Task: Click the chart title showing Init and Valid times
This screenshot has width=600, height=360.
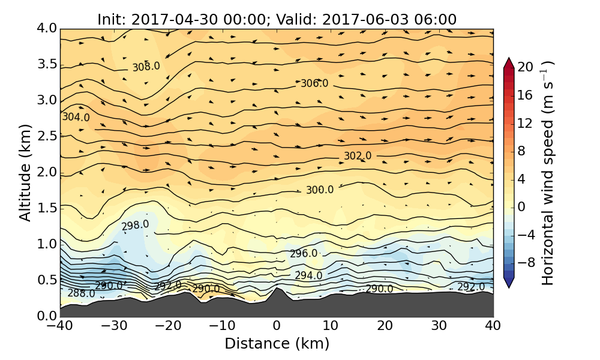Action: (x=277, y=19)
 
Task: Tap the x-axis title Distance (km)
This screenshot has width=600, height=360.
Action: (x=277, y=344)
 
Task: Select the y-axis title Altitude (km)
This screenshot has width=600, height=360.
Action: (x=25, y=173)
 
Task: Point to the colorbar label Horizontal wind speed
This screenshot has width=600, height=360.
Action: (x=548, y=173)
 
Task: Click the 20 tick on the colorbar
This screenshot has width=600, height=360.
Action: (x=526, y=67)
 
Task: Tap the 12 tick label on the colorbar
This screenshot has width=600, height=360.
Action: (x=526, y=123)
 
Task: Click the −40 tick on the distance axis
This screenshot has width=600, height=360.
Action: (x=60, y=326)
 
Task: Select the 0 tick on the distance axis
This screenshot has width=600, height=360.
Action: (x=277, y=326)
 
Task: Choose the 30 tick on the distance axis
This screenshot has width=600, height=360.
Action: (x=439, y=326)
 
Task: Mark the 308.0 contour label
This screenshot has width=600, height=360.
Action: (x=146, y=67)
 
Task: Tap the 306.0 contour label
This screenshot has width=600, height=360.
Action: (x=314, y=83)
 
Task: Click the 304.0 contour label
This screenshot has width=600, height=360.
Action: (x=76, y=118)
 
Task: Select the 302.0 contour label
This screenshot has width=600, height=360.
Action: (x=358, y=156)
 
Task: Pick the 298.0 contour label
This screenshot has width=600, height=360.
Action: (x=135, y=225)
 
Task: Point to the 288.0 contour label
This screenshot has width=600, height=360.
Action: (x=81, y=293)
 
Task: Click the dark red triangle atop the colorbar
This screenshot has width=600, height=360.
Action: (x=508, y=62)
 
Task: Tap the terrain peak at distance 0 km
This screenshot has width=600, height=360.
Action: (x=277, y=289)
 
